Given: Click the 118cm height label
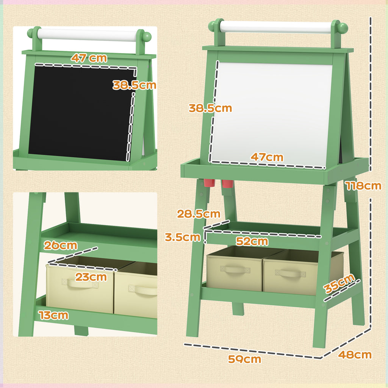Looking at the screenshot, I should pyautogui.click(x=363, y=186).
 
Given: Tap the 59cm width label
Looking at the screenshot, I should pyautogui.click(x=244, y=359).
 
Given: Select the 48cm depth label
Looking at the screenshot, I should pyautogui.click(x=354, y=355).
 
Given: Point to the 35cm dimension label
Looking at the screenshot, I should pyautogui.click(x=339, y=284).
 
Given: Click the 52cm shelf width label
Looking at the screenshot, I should pyautogui.click(x=252, y=241).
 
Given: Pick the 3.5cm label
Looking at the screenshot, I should pyautogui.click(x=183, y=237).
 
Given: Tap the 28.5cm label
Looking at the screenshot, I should pyautogui.click(x=199, y=214).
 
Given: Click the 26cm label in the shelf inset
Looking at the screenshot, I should pyautogui.click(x=61, y=245).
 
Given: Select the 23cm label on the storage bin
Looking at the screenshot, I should pyautogui.click(x=91, y=277).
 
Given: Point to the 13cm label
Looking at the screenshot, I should pyautogui.click(x=53, y=314).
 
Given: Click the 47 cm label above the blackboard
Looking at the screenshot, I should pyautogui.click(x=89, y=58).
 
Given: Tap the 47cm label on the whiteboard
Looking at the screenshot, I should pyautogui.click(x=267, y=157).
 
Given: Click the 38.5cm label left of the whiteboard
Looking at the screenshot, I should pyautogui.click(x=210, y=108).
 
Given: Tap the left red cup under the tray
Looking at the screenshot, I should pyautogui.click(x=209, y=183).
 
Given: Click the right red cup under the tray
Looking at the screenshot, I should pyautogui.click(x=227, y=184).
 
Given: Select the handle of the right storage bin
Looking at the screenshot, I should pyautogui.click(x=289, y=273).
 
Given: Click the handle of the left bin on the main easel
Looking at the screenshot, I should pyautogui.click(x=235, y=269).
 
